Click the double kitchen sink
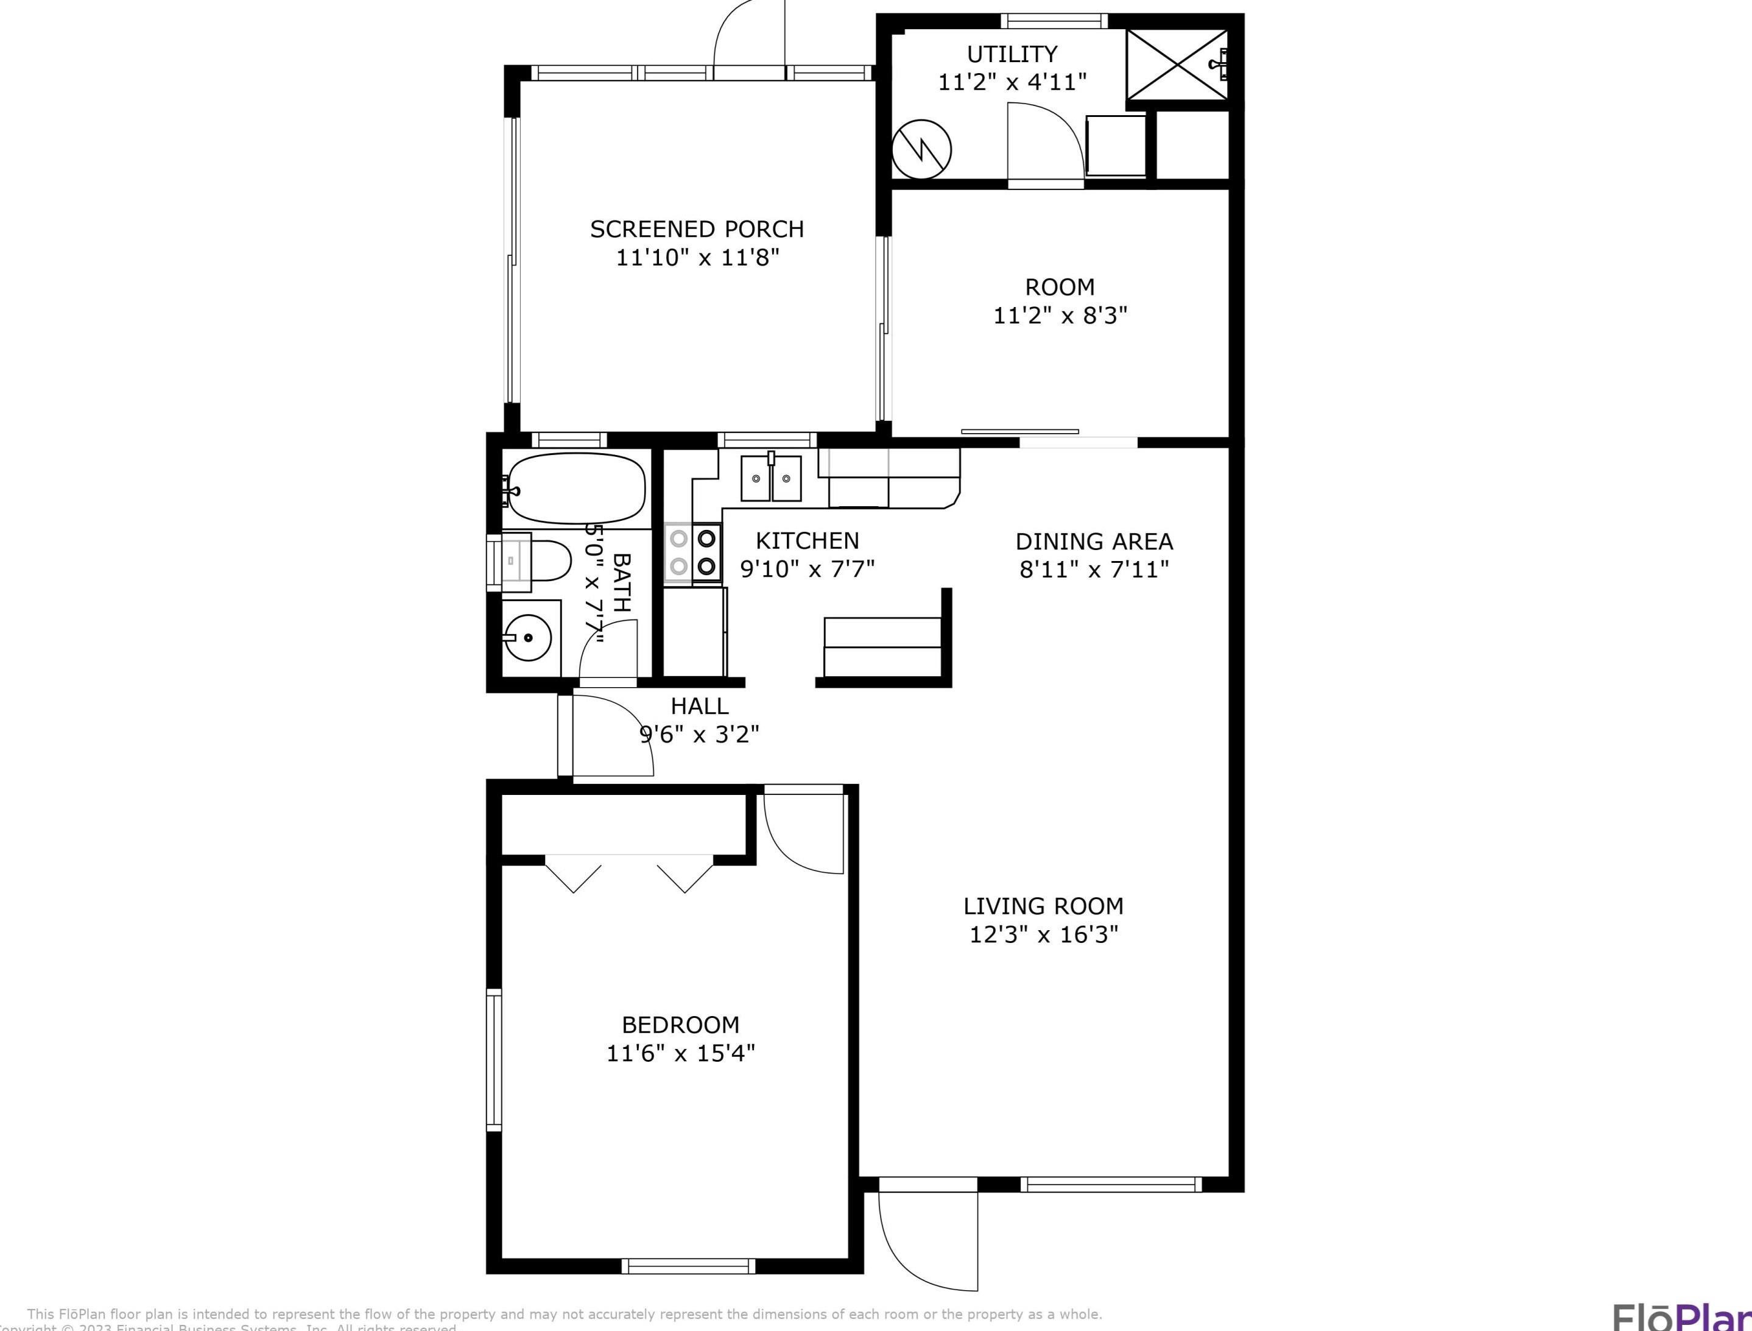coord(771,479)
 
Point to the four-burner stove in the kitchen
coord(693,553)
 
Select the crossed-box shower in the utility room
coord(1176,65)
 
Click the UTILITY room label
coord(1011,54)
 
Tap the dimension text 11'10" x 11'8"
coord(698,258)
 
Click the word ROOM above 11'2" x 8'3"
coord(1060,287)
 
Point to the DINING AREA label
coord(1094,541)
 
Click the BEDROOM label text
coord(680,1025)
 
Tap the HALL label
coord(699,705)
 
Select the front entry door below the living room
coord(927,1244)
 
